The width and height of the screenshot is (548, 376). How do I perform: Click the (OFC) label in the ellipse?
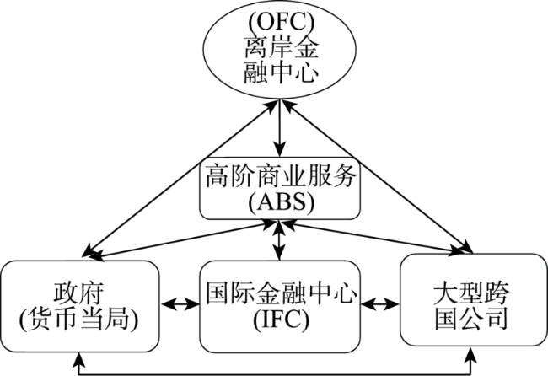(x=281, y=22)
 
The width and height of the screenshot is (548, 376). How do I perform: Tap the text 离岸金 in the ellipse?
(x=282, y=47)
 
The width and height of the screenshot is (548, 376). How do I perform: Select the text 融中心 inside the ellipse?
(x=282, y=72)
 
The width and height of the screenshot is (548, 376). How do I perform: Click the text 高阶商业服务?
(x=281, y=175)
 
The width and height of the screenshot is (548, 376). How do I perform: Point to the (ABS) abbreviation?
(x=281, y=202)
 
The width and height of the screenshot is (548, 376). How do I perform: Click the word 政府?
(x=79, y=293)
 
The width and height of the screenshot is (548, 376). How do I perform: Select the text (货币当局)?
(x=79, y=319)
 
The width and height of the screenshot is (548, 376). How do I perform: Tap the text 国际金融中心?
(x=281, y=293)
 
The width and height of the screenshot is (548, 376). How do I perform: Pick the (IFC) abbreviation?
(x=281, y=320)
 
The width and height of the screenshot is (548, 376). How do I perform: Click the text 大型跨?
(x=471, y=293)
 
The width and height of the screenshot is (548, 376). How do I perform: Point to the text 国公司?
(x=471, y=319)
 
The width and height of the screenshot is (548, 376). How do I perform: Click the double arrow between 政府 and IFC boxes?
(x=180, y=304)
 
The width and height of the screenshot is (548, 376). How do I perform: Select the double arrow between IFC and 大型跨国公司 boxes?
(x=380, y=304)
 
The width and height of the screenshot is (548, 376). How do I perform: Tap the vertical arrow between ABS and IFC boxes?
(x=279, y=240)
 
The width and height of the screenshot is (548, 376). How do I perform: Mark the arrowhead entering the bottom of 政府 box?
(x=79, y=358)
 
